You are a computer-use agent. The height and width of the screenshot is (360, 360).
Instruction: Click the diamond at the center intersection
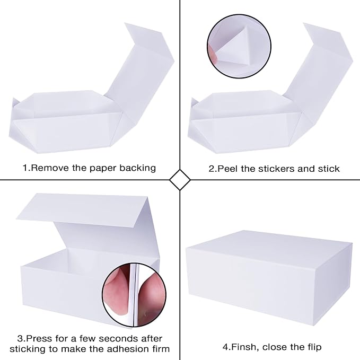point(180,180)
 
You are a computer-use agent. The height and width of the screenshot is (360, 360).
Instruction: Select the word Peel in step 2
point(227,169)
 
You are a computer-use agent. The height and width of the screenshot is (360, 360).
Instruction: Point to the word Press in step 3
point(39,338)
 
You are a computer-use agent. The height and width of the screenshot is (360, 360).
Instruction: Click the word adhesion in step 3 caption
point(122,349)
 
